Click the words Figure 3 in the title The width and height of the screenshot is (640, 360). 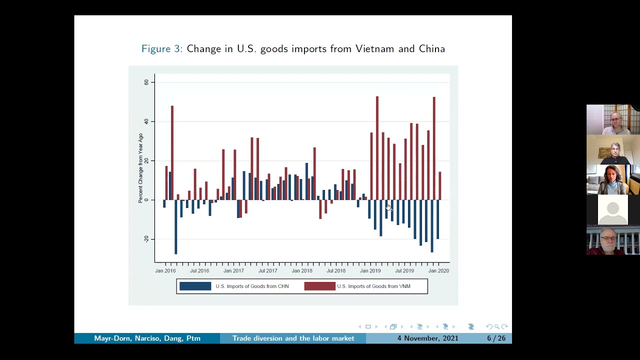point(161,49)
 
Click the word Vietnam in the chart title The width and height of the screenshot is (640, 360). point(374,49)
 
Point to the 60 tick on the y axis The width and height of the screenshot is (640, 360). point(146,82)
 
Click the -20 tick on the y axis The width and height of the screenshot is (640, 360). point(146,239)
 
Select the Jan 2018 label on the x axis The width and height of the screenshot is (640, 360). point(302,271)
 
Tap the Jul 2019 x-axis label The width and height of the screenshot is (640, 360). point(404,271)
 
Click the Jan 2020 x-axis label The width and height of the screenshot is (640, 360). point(438,271)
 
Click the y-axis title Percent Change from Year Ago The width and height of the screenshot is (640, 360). point(140,168)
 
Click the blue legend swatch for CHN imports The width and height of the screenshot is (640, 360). point(195,286)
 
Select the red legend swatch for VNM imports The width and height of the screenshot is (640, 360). point(319,286)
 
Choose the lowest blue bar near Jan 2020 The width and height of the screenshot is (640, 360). point(432,225)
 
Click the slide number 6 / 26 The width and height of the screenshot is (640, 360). point(496,338)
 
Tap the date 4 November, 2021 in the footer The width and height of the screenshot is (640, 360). point(427,338)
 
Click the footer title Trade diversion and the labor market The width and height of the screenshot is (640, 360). point(293,338)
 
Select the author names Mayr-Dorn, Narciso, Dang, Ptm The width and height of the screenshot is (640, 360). point(147,338)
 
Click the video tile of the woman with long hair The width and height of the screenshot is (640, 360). point(612,180)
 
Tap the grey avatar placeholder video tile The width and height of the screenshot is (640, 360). point(612,210)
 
